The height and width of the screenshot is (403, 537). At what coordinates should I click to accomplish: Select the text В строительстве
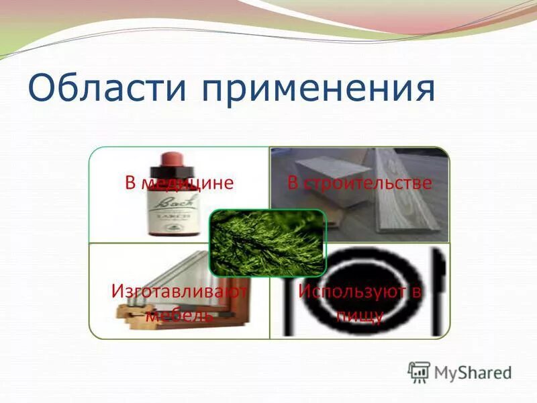pyautogui.click(x=359, y=183)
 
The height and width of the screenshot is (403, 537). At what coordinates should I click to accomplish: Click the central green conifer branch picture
pyautogui.click(x=267, y=242)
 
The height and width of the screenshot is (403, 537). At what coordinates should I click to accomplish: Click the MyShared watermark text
pyautogui.click(x=473, y=372)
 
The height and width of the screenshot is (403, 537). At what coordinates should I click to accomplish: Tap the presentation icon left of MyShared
pyautogui.click(x=419, y=371)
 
